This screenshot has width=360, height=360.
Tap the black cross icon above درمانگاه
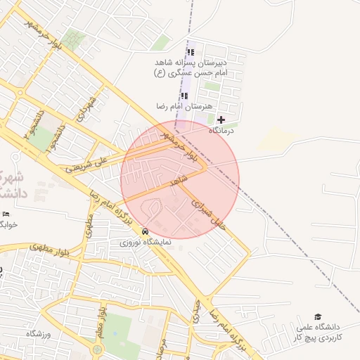[x=221, y=120]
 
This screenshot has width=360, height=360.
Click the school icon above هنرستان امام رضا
[x=184, y=96]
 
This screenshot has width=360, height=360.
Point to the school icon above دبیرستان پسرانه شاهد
[x=190, y=52]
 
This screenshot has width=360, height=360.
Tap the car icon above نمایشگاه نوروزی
[x=146, y=231]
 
